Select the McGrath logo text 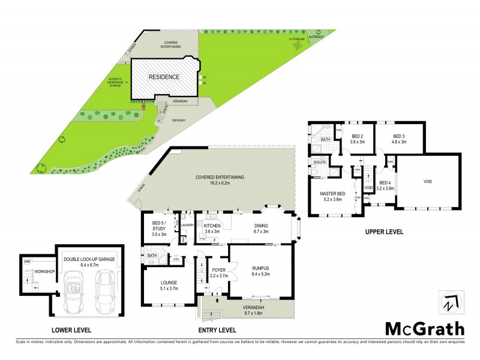tap(424, 328)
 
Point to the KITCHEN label tap(212, 226)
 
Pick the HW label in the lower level tap(27, 261)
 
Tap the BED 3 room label tap(400, 136)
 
